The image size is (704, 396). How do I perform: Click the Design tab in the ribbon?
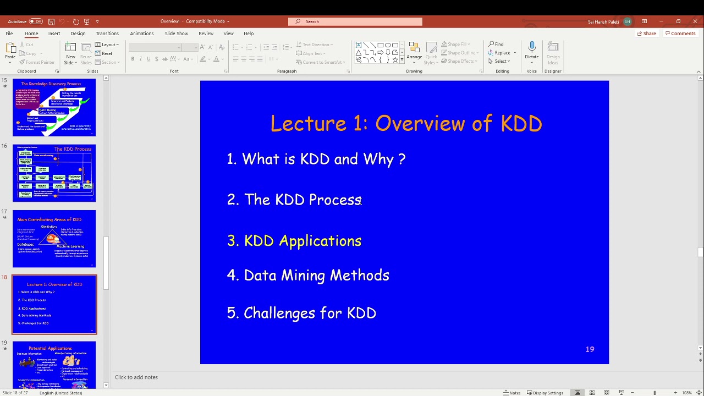(78, 34)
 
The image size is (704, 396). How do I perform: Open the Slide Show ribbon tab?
(176, 34)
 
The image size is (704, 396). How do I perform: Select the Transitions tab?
(107, 34)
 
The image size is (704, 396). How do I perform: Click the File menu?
(9, 34)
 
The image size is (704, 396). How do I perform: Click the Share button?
(646, 34)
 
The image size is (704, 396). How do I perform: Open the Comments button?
(680, 34)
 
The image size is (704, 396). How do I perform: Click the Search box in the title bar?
(355, 21)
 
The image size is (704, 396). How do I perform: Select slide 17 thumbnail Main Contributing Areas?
(54, 239)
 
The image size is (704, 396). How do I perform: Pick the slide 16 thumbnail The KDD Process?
(54, 173)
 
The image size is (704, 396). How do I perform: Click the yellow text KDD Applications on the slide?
(302, 241)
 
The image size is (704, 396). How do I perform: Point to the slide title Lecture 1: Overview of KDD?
(406, 124)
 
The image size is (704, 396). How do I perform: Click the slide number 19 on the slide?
(590, 349)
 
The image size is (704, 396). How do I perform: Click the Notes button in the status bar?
(512, 393)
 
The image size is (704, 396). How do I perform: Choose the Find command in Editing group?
(496, 44)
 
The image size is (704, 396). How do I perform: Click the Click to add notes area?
(136, 377)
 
